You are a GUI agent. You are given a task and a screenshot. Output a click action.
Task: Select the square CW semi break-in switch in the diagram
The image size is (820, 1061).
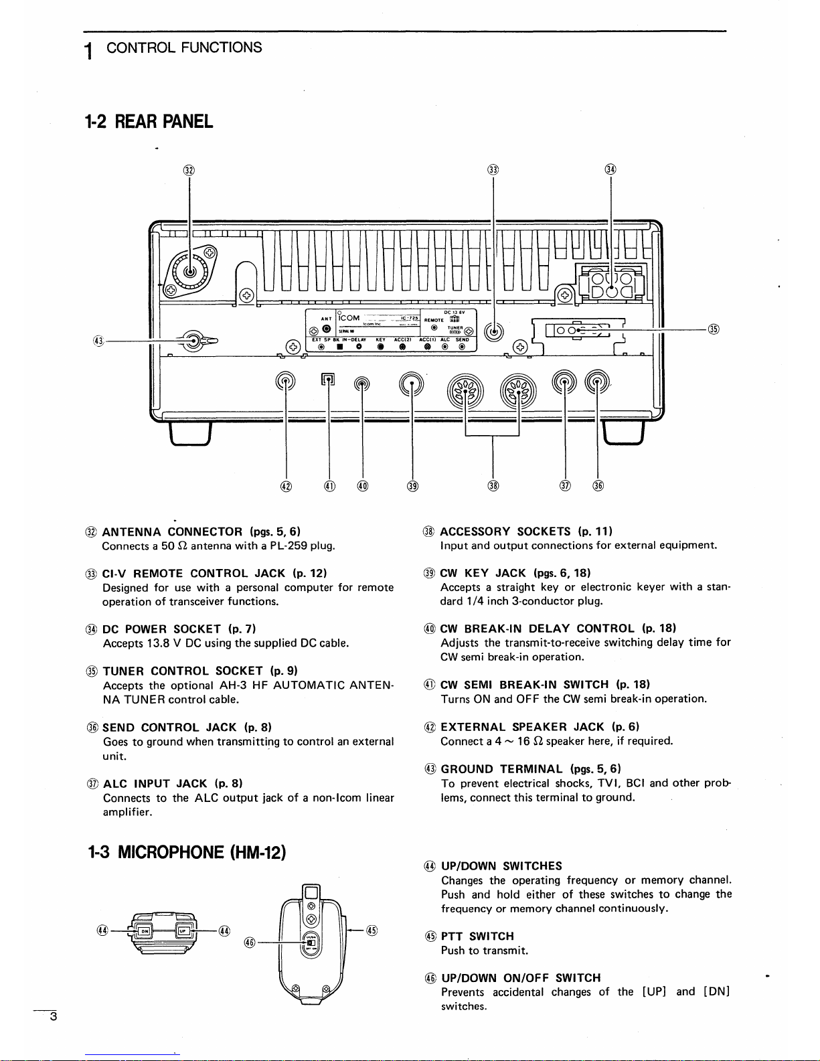coord(328,380)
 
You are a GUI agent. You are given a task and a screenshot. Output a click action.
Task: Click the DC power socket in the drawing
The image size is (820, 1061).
coord(611,284)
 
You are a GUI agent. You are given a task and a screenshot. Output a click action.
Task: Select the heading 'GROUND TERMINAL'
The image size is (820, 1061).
coord(503,769)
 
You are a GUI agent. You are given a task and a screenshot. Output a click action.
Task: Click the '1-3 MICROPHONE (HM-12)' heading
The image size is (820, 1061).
coord(187,852)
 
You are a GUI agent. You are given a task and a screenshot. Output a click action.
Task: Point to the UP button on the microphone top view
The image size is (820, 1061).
coord(182,931)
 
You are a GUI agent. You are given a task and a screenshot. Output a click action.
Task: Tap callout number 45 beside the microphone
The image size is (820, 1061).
coord(373,930)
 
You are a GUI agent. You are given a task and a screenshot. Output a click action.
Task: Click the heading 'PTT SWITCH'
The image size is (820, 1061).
coord(477,936)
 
